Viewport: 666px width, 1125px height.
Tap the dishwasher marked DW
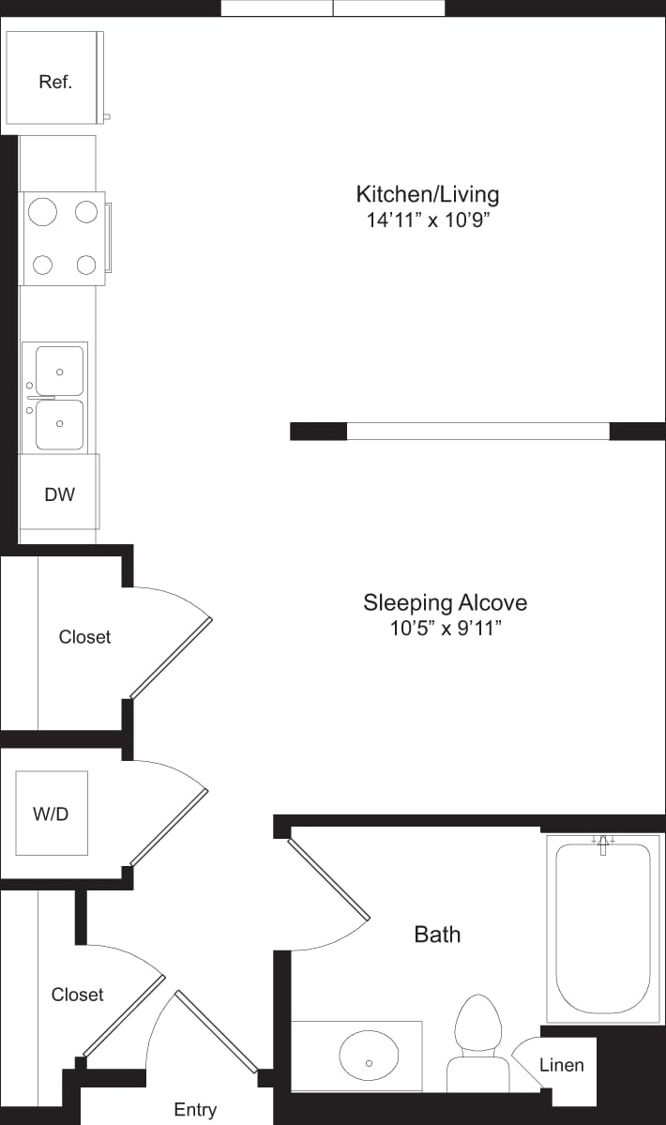pyautogui.click(x=59, y=494)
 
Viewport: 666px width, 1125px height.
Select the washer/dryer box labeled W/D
pyautogui.click(x=52, y=813)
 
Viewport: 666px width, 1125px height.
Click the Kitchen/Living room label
pyautogui.click(x=427, y=194)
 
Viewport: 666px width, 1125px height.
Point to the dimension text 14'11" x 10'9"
pyautogui.click(x=428, y=221)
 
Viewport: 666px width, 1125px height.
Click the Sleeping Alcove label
pyautogui.click(x=445, y=601)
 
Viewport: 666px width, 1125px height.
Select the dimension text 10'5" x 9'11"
pyautogui.click(x=446, y=629)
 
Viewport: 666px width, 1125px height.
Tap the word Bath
pyautogui.click(x=437, y=934)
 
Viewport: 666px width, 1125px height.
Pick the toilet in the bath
pyautogui.click(x=478, y=1041)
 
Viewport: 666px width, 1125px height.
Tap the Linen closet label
pyautogui.click(x=561, y=1065)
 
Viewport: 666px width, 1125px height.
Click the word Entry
pyautogui.click(x=195, y=1109)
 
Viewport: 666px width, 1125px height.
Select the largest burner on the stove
pyautogui.click(x=43, y=212)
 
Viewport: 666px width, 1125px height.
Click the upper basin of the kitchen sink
pyautogui.click(x=59, y=372)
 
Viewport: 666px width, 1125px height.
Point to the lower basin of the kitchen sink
pyautogui.click(x=59, y=424)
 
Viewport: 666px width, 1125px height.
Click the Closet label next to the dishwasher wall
pyautogui.click(x=84, y=636)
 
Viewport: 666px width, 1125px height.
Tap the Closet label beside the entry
pyautogui.click(x=77, y=994)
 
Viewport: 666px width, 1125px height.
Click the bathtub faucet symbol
pyautogui.click(x=603, y=844)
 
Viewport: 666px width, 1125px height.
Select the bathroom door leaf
pyautogui.click(x=328, y=879)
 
